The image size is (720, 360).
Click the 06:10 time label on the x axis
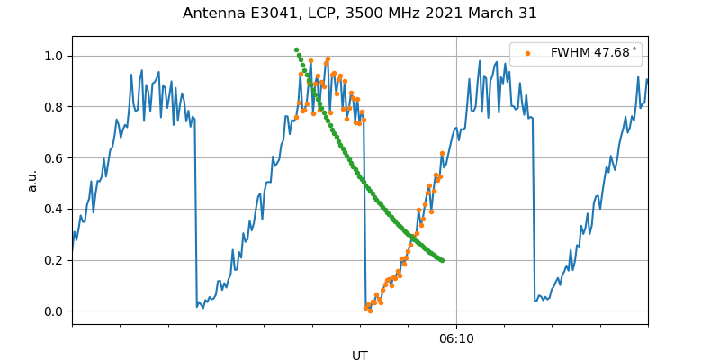(456, 339)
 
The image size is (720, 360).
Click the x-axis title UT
(360, 355)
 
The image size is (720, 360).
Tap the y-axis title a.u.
(32, 180)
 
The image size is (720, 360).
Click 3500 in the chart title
(374, 13)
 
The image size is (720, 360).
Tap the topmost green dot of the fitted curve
(296, 50)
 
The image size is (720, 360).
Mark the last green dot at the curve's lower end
(442, 260)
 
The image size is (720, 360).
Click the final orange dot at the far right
(442, 154)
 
